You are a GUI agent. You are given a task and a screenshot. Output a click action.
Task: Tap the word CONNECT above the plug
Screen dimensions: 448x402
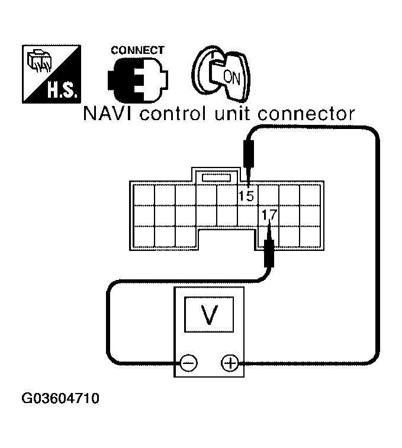pyautogui.click(x=137, y=50)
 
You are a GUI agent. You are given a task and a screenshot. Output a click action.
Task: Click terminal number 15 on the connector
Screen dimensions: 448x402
pyautogui.click(x=246, y=195)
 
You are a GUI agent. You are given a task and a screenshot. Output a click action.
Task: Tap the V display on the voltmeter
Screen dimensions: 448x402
pyautogui.click(x=208, y=314)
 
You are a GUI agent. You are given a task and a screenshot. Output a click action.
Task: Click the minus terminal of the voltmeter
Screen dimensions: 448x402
pyautogui.click(x=189, y=362)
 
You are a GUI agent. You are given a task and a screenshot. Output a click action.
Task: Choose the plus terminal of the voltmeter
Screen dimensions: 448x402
pyautogui.click(x=229, y=362)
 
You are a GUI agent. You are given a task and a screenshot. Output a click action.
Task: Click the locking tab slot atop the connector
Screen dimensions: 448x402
pyautogui.click(x=217, y=176)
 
